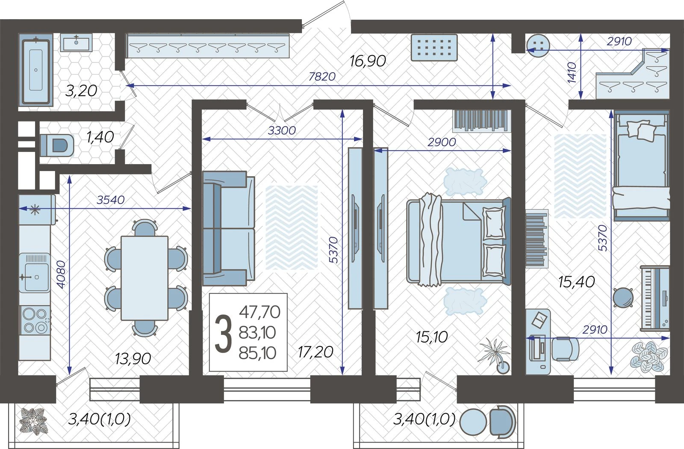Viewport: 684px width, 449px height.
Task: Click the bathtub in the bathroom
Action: pos(36,70)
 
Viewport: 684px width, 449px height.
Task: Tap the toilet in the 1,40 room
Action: pos(57,145)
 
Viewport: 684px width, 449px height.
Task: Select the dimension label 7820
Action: pos(322,77)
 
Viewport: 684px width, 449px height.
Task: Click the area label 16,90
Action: pos(368,61)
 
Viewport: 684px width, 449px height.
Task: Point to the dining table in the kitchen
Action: pos(144,278)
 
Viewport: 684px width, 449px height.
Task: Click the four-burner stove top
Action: pos(35,320)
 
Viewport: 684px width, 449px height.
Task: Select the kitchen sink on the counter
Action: pos(35,273)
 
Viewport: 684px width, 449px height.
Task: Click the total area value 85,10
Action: pos(257,353)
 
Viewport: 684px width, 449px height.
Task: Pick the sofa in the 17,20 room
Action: pos(228,228)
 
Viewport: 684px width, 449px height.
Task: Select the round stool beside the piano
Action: pos(623,298)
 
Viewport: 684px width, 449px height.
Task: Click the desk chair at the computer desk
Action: pos(565,349)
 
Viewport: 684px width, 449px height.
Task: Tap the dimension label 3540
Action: pos(111,200)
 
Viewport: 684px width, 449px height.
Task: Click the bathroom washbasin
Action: pos(76,42)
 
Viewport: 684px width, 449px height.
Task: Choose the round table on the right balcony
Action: pos(473,422)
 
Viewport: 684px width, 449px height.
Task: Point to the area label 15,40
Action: pos(577,282)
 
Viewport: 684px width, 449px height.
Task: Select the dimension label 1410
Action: pos(572,72)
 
